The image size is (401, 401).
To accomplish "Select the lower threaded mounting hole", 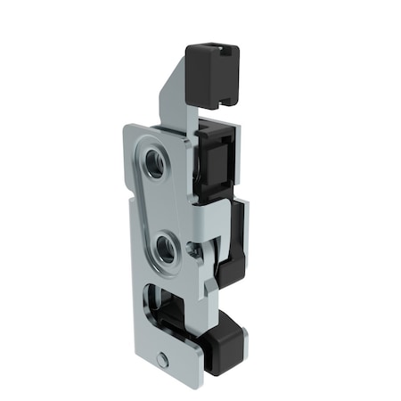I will (x=166, y=248).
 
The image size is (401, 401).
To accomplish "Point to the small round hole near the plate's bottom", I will (x=162, y=359).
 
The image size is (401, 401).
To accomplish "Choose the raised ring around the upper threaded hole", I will (x=148, y=160).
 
